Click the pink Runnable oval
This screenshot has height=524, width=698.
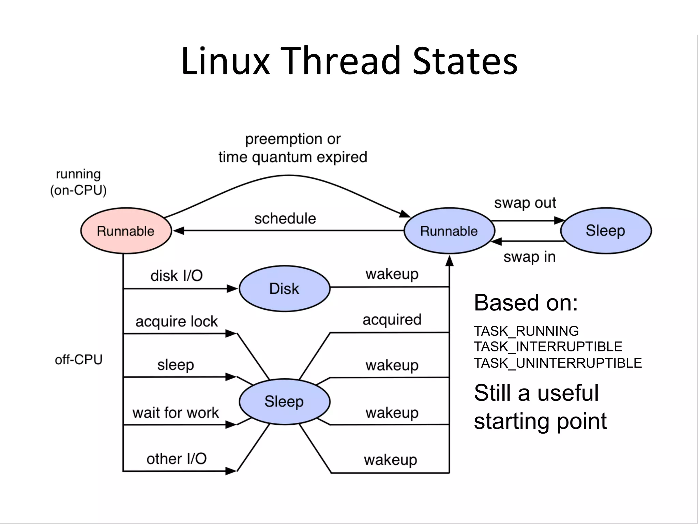[x=126, y=231]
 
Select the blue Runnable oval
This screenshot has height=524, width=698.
[x=449, y=231]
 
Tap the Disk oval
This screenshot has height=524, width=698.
[x=284, y=289]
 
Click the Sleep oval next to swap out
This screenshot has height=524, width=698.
[x=606, y=231]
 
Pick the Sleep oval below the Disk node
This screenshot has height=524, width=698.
[x=284, y=402]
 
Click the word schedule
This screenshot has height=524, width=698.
[x=285, y=219]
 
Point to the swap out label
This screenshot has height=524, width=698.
[x=525, y=203]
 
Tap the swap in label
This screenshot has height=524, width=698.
[x=529, y=257]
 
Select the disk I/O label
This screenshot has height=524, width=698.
[x=177, y=276]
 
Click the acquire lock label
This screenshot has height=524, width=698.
[x=177, y=321]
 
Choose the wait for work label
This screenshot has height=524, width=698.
[x=176, y=413]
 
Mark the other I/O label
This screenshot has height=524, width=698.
[x=177, y=459]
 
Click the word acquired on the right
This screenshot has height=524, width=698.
[x=392, y=320]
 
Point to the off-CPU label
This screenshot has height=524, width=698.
[x=79, y=360]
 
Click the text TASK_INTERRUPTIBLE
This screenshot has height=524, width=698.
[x=548, y=347]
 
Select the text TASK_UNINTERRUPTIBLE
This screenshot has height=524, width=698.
[x=558, y=363]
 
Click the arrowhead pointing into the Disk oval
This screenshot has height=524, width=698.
[x=233, y=289]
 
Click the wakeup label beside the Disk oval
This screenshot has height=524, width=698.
[x=392, y=274]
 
